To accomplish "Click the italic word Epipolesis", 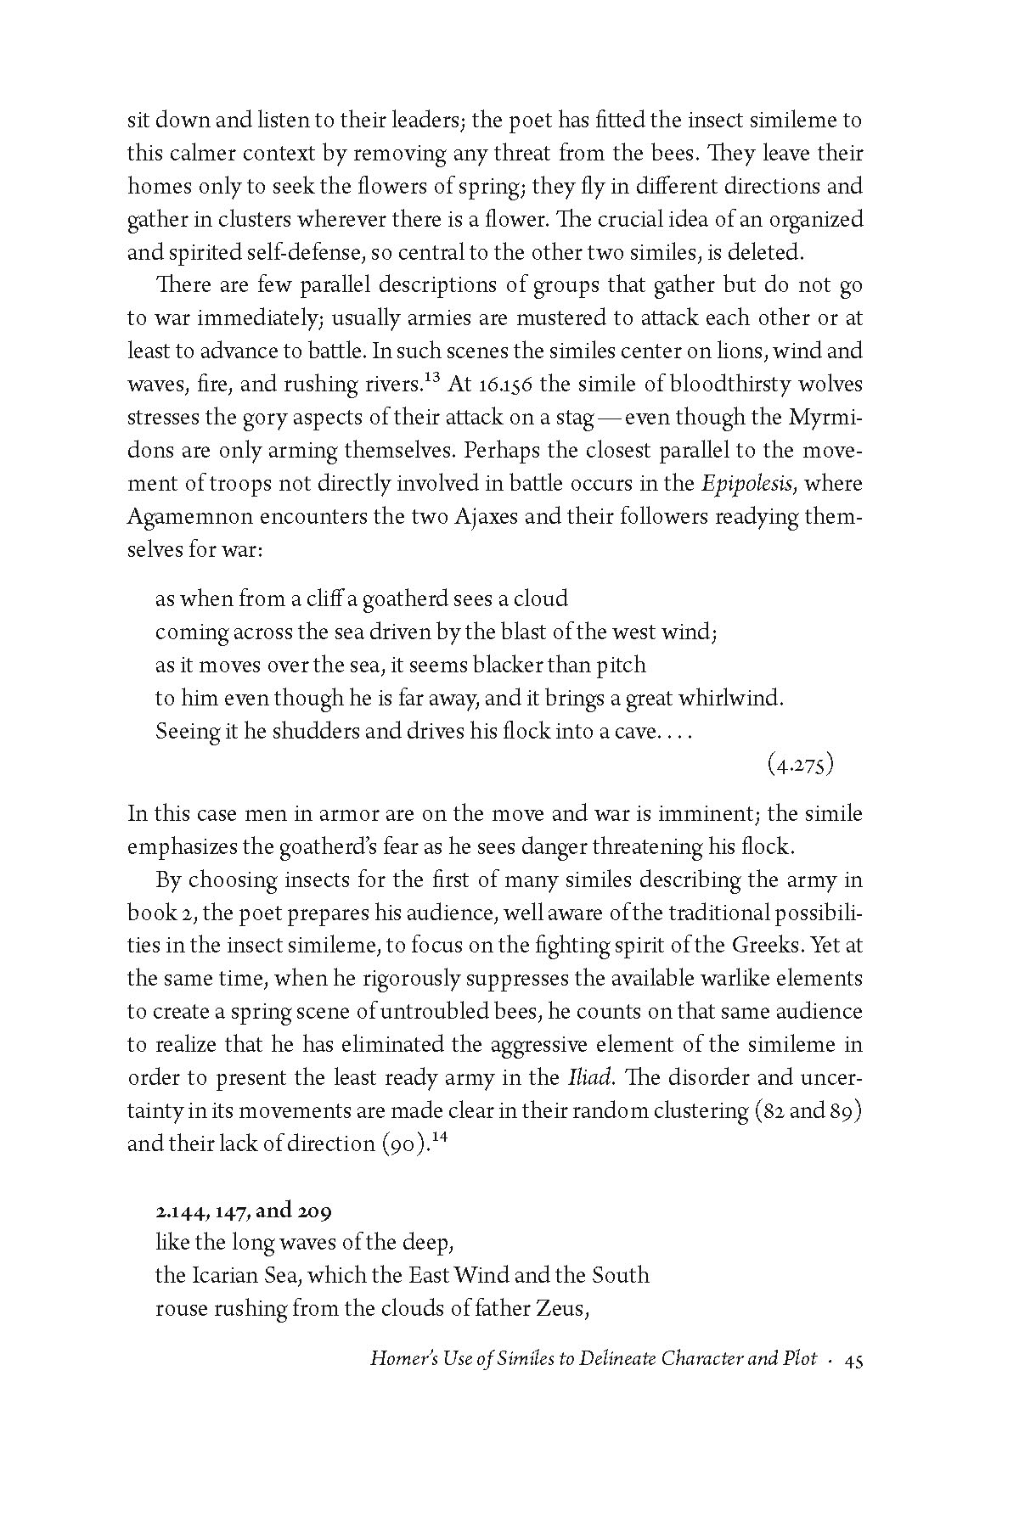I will pos(748,485).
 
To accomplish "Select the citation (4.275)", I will pos(800,765).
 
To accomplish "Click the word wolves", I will pos(825,385).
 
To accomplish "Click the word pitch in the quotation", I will pos(620,666).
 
